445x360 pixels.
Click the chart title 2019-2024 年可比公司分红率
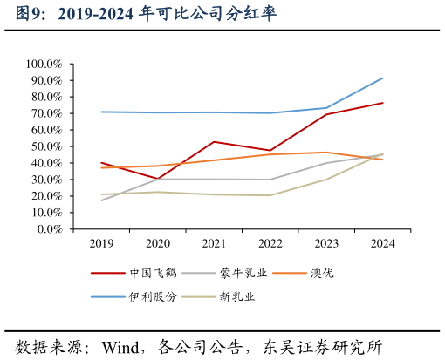coord(145,14)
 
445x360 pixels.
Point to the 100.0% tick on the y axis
coord(44,64)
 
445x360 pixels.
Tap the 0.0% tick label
coord(48,229)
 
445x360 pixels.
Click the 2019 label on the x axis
coord(101,244)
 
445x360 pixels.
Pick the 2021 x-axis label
coord(214,244)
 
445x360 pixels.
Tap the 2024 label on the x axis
coord(382,244)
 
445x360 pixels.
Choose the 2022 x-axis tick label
coord(270,244)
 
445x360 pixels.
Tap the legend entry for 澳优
coord(321,273)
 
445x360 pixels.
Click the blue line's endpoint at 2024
coord(382,78)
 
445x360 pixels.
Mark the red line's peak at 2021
coord(214,141)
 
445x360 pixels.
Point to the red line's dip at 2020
coord(158,179)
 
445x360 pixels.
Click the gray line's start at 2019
coord(101,200)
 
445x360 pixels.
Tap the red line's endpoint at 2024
coord(382,103)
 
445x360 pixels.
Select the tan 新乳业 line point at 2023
coord(326,180)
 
